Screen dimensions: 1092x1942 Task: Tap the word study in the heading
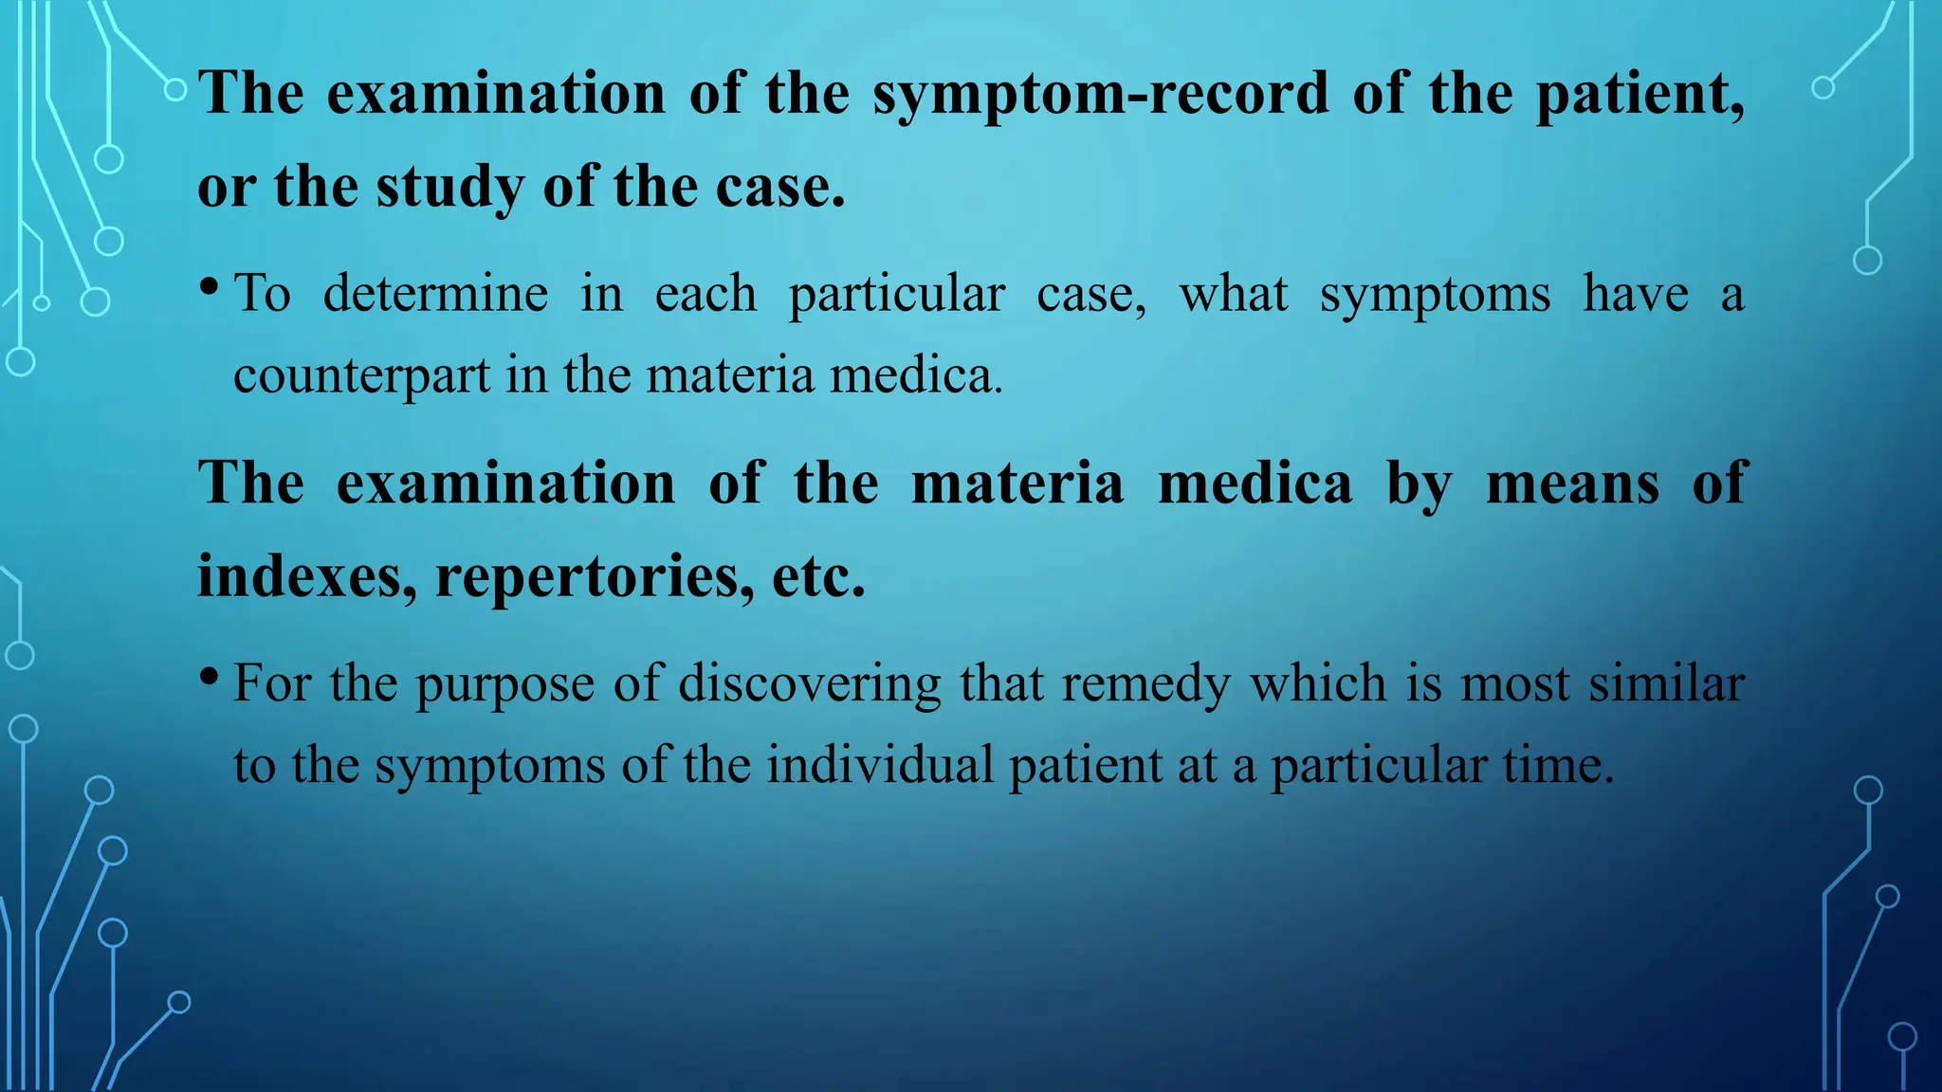pos(449,188)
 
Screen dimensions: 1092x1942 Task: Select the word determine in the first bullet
pos(435,294)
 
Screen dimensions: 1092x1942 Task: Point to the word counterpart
pos(361,376)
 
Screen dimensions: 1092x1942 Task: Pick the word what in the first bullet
pos(1233,294)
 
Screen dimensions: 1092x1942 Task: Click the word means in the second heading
pos(1572,483)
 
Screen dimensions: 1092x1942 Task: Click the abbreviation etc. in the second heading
pos(818,577)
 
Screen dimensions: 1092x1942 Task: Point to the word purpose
pos(504,684)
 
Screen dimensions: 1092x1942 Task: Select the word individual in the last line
pos(880,765)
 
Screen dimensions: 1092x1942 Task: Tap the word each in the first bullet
pos(705,294)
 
